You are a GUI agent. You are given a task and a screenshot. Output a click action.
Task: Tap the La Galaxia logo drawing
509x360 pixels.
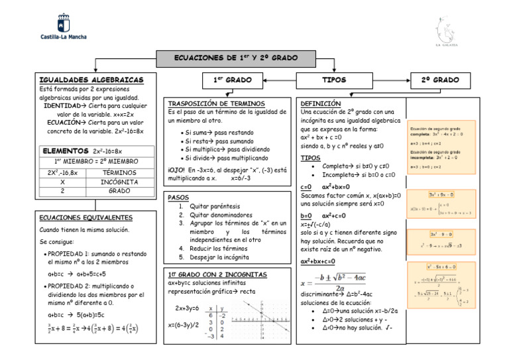[445, 29]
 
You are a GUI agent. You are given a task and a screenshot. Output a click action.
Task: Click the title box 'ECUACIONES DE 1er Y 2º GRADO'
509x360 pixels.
[235, 58]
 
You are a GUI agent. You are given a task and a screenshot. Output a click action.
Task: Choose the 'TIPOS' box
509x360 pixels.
[334, 80]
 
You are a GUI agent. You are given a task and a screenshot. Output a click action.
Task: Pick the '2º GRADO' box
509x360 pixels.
[440, 80]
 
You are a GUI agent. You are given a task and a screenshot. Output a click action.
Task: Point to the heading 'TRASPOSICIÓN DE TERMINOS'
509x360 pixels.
[216, 104]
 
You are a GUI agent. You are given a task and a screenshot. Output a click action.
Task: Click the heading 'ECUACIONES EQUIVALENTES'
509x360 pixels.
[85, 217]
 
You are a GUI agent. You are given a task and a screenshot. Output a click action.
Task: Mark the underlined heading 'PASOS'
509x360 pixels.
[178, 198]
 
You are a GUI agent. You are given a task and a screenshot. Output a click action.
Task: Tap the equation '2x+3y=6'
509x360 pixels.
[188, 308]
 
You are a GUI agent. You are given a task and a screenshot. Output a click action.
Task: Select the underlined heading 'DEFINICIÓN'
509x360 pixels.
[321, 104]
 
